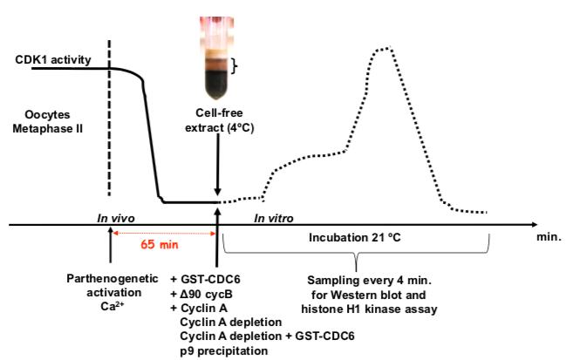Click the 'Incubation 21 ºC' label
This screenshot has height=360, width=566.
click(x=357, y=236)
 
